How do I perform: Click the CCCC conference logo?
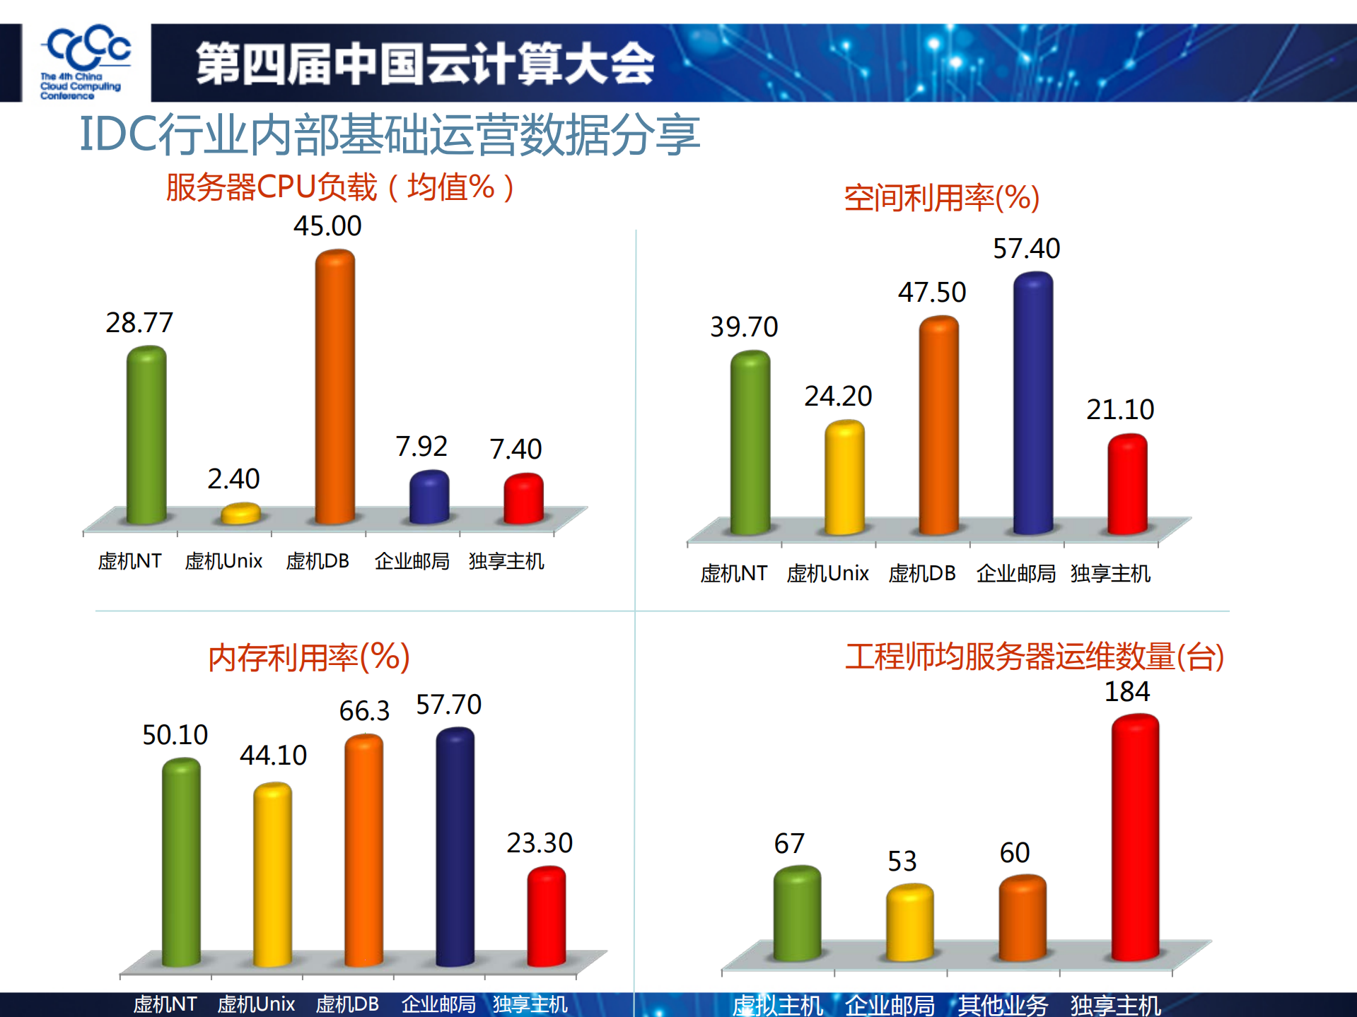tap(86, 62)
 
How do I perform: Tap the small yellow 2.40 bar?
tap(240, 513)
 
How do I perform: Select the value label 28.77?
tap(139, 323)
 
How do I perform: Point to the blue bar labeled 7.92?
tap(429, 496)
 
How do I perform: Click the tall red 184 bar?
tap(1134, 837)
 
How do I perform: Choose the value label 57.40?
tap(1026, 249)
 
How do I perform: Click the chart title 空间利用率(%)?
tap(941, 198)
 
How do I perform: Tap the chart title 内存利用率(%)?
tap(309, 657)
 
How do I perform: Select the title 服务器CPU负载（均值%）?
tap(340, 188)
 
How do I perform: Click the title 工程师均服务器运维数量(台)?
tap(1034, 657)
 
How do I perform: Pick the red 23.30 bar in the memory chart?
tap(546, 916)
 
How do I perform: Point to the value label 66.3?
tap(364, 711)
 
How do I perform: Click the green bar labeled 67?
tap(797, 913)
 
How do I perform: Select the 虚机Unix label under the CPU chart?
tap(223, 561)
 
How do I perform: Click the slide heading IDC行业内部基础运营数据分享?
tap(390, 134)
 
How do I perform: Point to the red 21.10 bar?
tap(1126, 484)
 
